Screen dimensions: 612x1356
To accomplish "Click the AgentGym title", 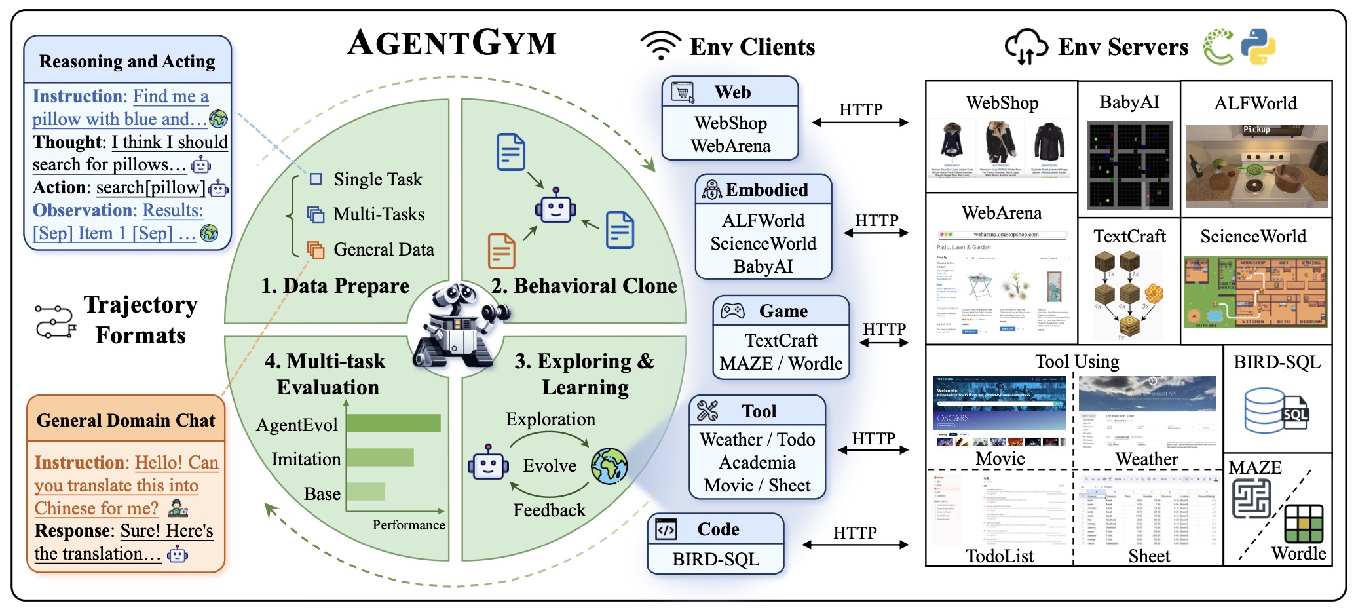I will click(x=451, y=43).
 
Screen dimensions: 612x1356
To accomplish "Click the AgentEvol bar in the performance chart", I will click(x=393, y=423).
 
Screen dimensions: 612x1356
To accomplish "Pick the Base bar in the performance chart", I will click(x=366, y=491).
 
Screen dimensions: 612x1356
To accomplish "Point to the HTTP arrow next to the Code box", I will click(x=855, y=544).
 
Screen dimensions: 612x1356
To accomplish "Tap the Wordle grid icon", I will click(x=1304, y=523).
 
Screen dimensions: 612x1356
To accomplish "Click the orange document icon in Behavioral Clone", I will click(x=502, y=251).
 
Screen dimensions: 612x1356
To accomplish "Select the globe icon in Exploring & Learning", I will click(x=609, y=466).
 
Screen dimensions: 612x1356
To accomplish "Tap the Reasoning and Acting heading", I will click(x=127, y=61).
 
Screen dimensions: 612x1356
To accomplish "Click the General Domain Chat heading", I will click(x=126, y=420).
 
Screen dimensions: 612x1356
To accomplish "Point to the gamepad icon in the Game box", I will click(x=732, y=311).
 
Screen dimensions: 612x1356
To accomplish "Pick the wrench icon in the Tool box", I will click(x=707, y=411).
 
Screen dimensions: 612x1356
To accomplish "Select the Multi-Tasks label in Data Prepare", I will click(x=379, y=214).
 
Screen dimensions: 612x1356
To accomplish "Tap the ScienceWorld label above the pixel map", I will click(x=1252, y=237).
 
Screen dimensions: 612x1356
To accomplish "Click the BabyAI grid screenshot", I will click(x=1129, y=165).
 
